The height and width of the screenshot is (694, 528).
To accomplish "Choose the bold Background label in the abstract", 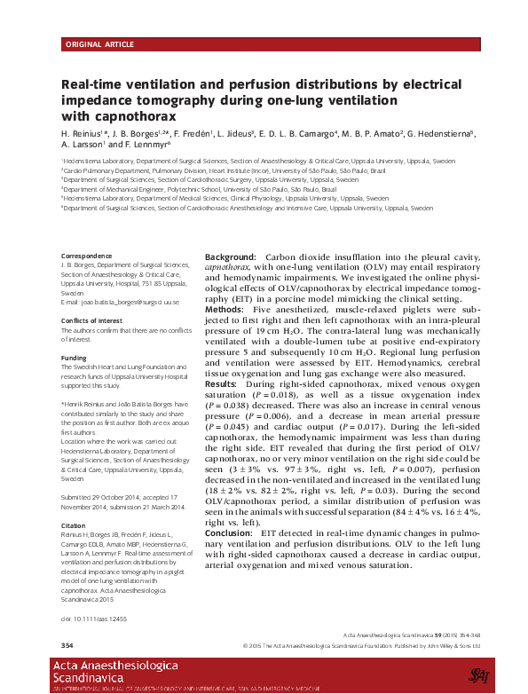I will click(x=230, y=256).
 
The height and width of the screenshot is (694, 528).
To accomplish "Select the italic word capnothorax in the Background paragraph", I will click(x=228, y=266).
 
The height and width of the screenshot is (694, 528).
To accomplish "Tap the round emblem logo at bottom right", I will click(x=479, y=675).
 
